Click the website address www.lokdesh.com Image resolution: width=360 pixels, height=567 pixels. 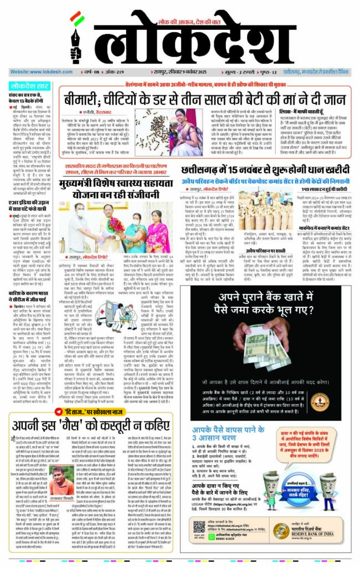coord(35,73)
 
